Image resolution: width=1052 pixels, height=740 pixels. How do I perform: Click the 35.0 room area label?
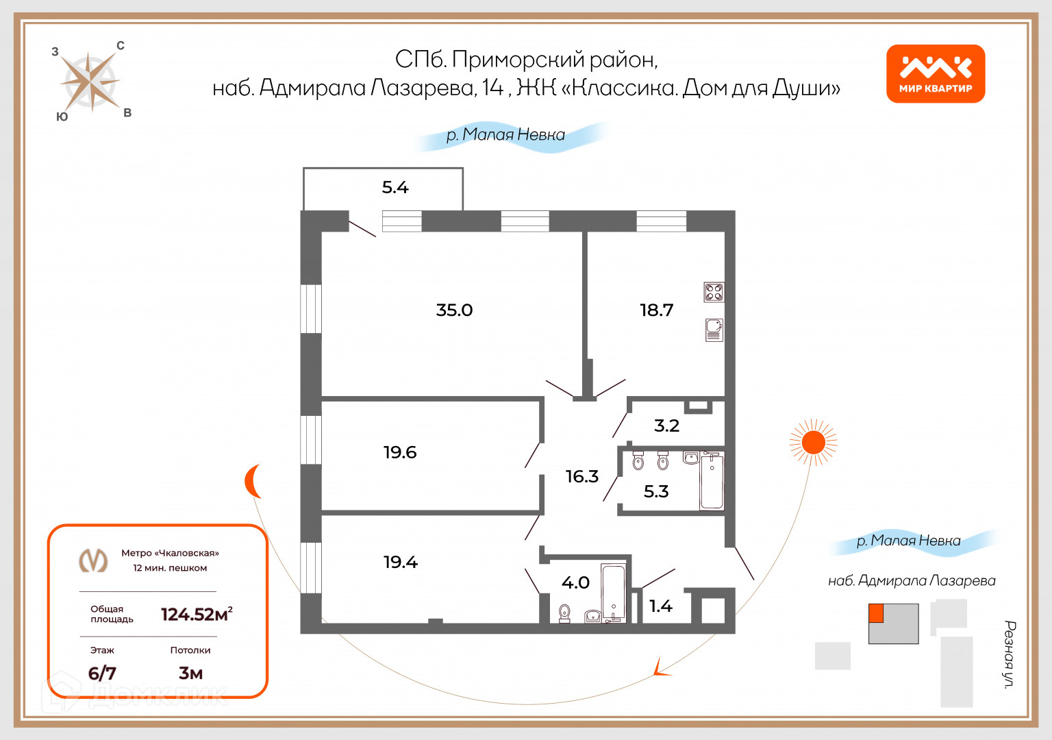tap(454, 310)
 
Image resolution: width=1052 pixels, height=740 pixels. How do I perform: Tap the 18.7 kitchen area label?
tap(656, 310)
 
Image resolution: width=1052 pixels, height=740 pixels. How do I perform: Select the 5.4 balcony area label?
tap(395, 187)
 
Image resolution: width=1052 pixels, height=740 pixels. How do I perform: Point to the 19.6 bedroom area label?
tap(400, 452)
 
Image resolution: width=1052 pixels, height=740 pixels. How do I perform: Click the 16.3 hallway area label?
tap(581, 476)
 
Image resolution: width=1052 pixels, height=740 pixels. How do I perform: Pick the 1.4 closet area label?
tap(660, 606)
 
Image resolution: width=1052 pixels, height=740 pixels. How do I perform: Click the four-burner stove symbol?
tap(714, 293)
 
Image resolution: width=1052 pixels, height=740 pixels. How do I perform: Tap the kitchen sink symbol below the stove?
tap(714, 330)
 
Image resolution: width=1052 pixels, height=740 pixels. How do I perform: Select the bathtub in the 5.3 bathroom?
tap(712, 481)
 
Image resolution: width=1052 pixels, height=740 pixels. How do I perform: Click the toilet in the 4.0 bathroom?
tap(564, 612)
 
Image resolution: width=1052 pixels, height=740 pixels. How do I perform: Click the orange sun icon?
tap(814, 443)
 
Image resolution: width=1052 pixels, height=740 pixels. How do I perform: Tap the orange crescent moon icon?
tap(253, 481)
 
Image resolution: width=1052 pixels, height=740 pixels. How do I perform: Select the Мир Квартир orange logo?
tap(936, 74)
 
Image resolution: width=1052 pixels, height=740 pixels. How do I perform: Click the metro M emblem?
tap(94, 560)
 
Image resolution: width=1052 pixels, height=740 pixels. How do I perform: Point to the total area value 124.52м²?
tap(197, 614)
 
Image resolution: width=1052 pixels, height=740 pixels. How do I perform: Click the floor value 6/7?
tap(102, 673)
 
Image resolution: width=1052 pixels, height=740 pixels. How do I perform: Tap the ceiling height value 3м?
tap(190, 673)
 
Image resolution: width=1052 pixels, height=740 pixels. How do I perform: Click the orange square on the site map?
tap(876, 613)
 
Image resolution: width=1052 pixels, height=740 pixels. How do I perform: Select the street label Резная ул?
tap(1010, 654)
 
